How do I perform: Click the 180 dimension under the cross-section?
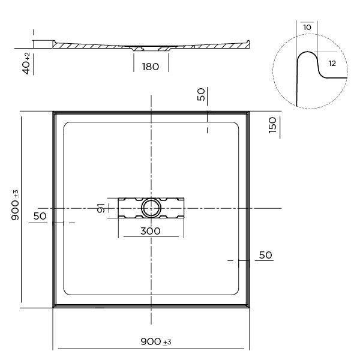[150, 67]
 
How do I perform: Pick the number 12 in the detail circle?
[332, 62]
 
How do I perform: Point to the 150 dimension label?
[272, 127]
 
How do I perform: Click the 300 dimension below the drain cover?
[151, 230]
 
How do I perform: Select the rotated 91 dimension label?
[102, 208]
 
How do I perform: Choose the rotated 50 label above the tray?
[202, 94]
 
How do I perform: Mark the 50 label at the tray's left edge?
[40, 215]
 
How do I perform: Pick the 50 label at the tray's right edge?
[265, 255]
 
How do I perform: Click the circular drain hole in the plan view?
[150, 208]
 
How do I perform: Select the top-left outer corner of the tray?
[53, 111]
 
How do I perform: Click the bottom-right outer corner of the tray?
[249, 307]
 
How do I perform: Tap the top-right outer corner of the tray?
[249, 111]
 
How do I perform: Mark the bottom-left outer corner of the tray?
[53, 307]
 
